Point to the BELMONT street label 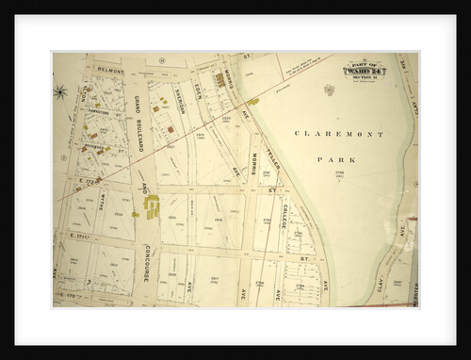111,69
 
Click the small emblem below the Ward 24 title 330,90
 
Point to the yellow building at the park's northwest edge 253,100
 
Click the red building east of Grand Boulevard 170,129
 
